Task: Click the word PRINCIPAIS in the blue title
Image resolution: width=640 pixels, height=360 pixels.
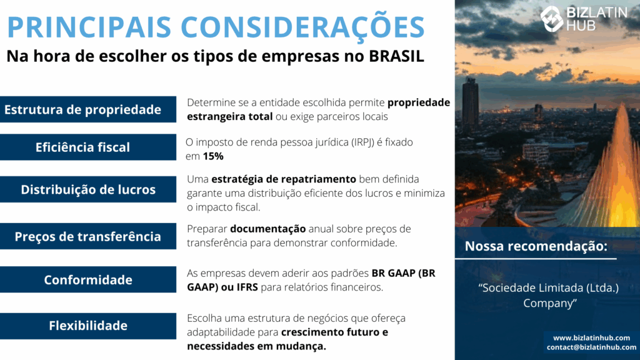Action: (89, 27)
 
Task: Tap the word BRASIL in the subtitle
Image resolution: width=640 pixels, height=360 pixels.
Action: (396, 56)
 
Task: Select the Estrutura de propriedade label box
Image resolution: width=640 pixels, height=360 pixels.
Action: (88, 109)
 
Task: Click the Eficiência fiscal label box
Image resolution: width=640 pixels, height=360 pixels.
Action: (88, 147)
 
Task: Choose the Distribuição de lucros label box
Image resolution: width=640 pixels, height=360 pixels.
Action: (88, 189)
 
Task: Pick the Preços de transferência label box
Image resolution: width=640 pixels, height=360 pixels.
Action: (88, 236)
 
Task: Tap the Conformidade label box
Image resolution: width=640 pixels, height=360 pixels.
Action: (88, 279)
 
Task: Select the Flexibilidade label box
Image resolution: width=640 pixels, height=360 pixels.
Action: (88, 326)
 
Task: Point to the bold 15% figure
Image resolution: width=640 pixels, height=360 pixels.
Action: (213, 156)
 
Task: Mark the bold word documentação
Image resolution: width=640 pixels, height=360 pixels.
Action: (267, 229)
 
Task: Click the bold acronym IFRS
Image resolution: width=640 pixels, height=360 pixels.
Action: (247, 287)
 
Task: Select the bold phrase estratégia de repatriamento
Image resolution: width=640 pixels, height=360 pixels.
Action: (284, 179)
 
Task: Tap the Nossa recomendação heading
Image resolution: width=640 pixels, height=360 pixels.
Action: (536, 246)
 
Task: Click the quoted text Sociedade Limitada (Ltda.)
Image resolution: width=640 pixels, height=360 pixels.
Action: (549, 288)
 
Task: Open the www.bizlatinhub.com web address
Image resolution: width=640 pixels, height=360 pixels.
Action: (591, 338)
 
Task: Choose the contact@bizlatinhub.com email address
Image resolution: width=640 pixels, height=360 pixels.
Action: (591, 347)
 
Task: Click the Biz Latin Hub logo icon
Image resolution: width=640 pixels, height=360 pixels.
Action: (551, 18)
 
